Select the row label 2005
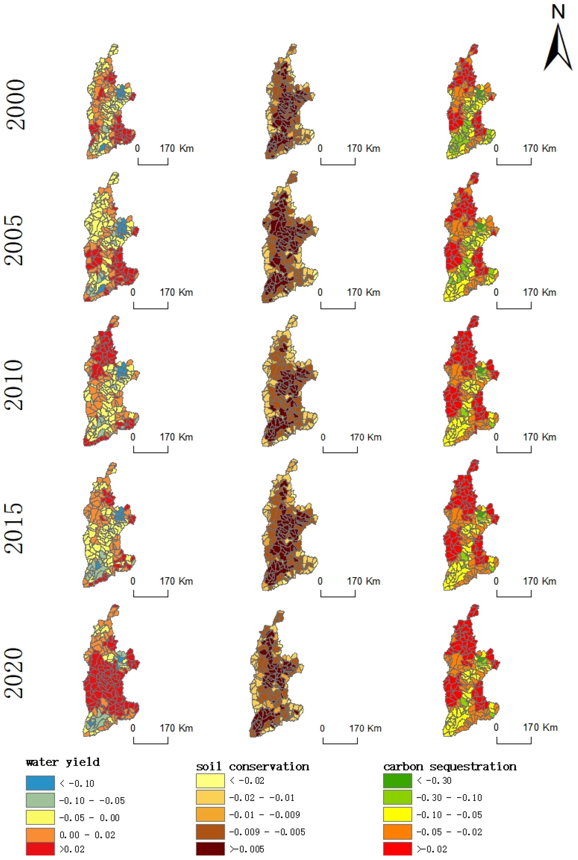click(x=14, y=240)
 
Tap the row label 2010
click(x=14, y=385)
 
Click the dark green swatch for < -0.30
click(x=397, y=780)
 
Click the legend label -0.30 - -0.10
click(x=449, y=798)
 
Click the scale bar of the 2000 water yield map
click(x=153, y=162)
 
